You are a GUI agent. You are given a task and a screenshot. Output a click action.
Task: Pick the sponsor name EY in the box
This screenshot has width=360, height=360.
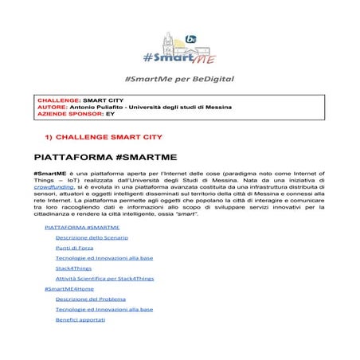111,114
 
